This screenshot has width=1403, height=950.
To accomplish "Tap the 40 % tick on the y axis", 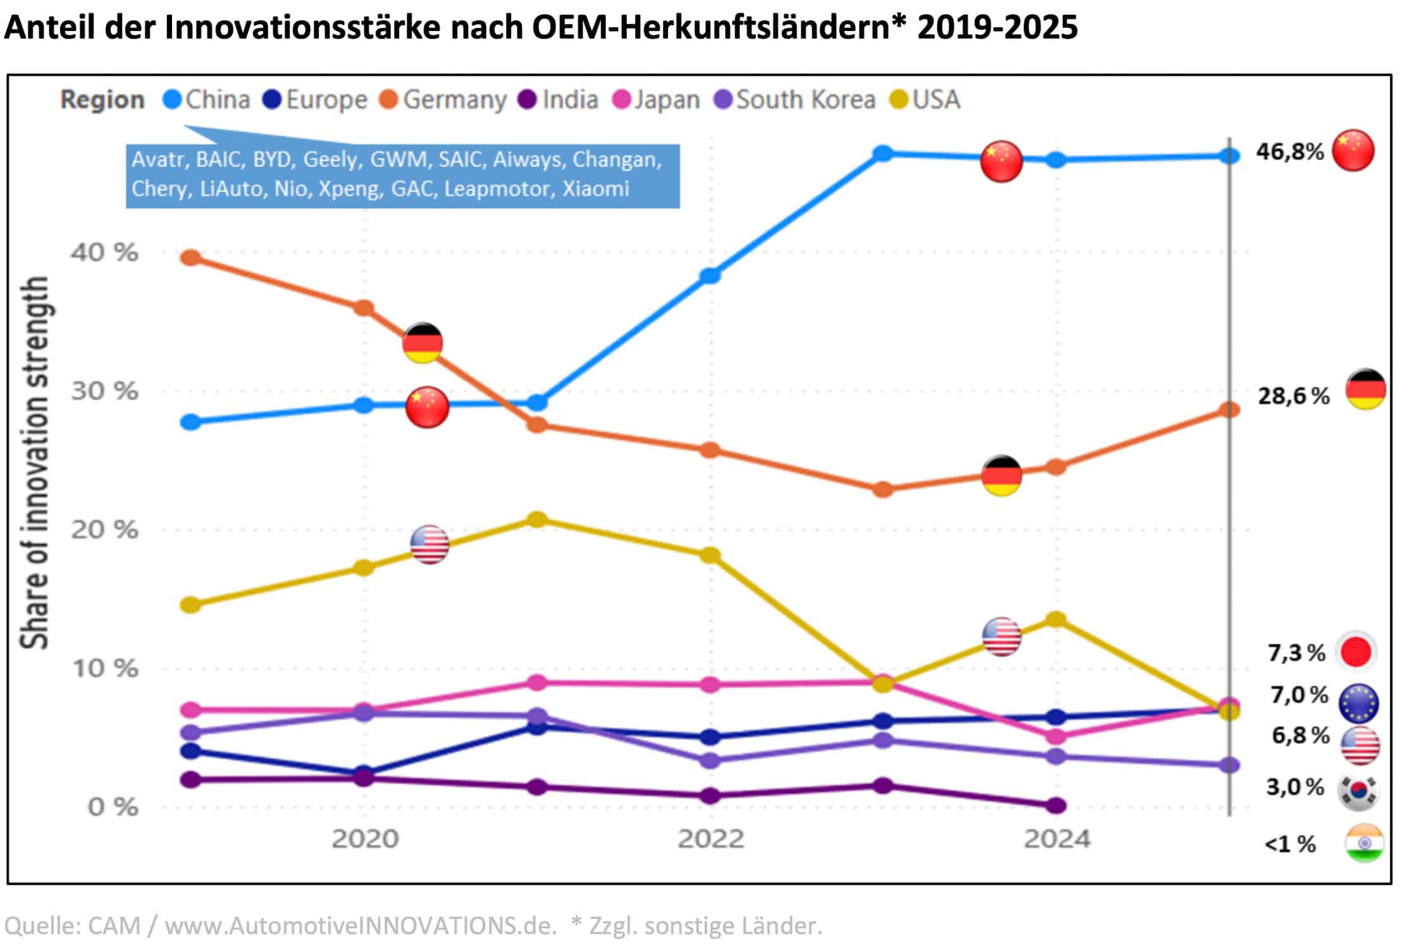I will click(x=104, y=252).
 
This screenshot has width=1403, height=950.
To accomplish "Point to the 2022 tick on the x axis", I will click(x=710, y=839).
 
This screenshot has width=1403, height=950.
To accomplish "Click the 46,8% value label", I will click(x=1290, y=152).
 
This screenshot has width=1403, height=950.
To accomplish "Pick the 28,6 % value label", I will click(x=1293, y=396).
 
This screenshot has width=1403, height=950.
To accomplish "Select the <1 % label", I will click(x=1290, y=844).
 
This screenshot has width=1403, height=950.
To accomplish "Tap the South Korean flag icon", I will click(x=1358, y=791).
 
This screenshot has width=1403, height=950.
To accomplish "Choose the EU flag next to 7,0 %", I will click(x=1358, y=703).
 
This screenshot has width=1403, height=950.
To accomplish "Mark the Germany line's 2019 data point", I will click(x=191, y=258).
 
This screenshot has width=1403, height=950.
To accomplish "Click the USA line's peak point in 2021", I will click(x=537, y=519).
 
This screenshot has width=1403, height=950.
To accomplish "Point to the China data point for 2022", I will click(x=710, y=276).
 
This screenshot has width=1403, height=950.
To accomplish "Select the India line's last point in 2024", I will click(x=1056, y=805).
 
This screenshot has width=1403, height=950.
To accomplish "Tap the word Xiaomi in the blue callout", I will click(x=596, y=188).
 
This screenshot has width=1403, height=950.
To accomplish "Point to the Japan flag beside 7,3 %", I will click(x=1356, y=652).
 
